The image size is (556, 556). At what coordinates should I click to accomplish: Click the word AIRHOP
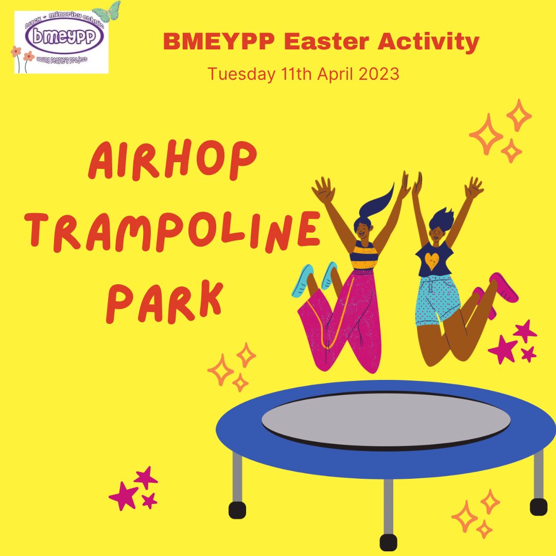pos(172,161)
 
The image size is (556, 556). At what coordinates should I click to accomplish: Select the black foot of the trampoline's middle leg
pos(388,542)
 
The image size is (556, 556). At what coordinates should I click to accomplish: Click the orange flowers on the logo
pos(24,55)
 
